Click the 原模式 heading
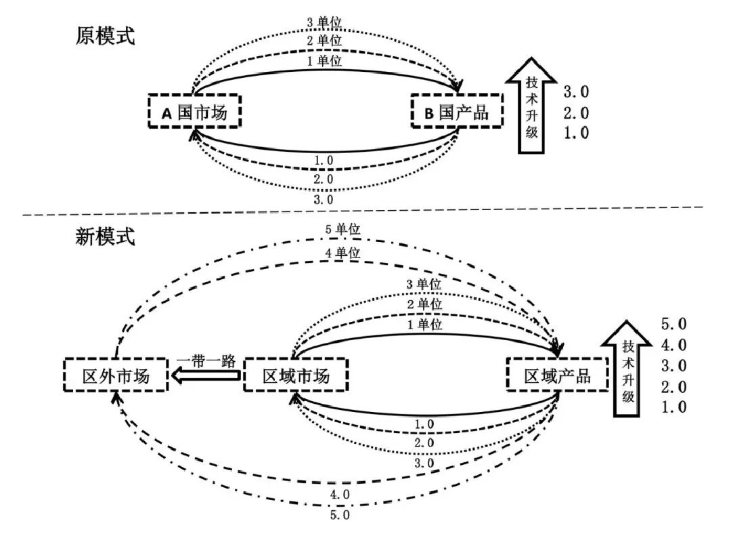(x=105, y=36)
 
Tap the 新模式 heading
(x=105, y=236)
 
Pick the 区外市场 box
(x=115, y=375)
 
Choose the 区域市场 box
(x=295, y=375)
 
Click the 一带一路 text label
(x=206, y=360)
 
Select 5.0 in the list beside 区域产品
(x=673, y=325)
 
